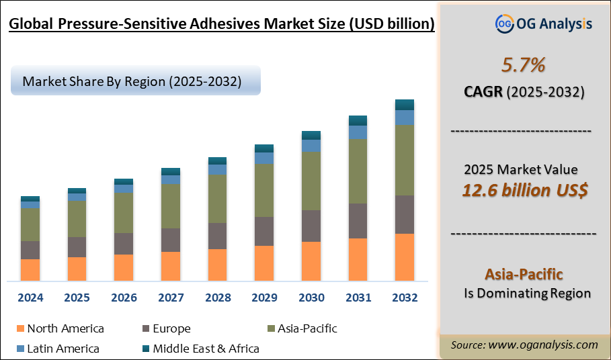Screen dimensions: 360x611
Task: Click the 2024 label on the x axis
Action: [30, 298]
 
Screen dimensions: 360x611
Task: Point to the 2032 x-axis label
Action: [404, 298]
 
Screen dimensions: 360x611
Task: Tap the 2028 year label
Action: [217, 298]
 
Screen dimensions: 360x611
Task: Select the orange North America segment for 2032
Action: [404, 257]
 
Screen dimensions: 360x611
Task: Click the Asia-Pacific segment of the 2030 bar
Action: [311, 181]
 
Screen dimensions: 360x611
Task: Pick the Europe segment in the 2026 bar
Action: [124, 243]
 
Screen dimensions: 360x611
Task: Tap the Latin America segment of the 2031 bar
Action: [358, 132]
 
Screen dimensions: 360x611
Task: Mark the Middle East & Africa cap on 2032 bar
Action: [404, 105]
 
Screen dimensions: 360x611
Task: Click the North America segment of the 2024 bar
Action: [30, 269]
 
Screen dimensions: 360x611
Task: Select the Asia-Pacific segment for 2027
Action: [171, 206]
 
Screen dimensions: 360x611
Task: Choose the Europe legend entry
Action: [171, 329]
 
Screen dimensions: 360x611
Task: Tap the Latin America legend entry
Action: [63, 349]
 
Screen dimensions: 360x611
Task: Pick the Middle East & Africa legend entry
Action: [206, 349]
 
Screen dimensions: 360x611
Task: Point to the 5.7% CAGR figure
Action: [523, 65]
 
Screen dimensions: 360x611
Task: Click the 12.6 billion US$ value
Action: [524, 190]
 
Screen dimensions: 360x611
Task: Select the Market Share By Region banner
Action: [132, 81]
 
